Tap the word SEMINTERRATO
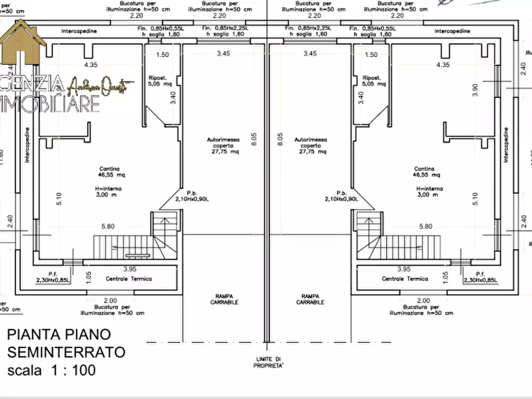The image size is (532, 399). coord(66,352)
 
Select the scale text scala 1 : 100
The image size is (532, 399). coord(51,370)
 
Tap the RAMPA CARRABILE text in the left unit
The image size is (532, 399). coord(224,299)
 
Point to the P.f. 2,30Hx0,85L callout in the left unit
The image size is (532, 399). coord(52,276)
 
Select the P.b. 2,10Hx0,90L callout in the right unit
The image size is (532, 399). coord(341,196)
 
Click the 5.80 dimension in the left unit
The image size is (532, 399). coord(108,226)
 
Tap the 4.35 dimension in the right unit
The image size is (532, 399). coord(443,64)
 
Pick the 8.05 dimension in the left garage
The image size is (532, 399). coord(253,139)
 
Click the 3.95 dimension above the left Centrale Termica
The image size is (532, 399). coord(129,269)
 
